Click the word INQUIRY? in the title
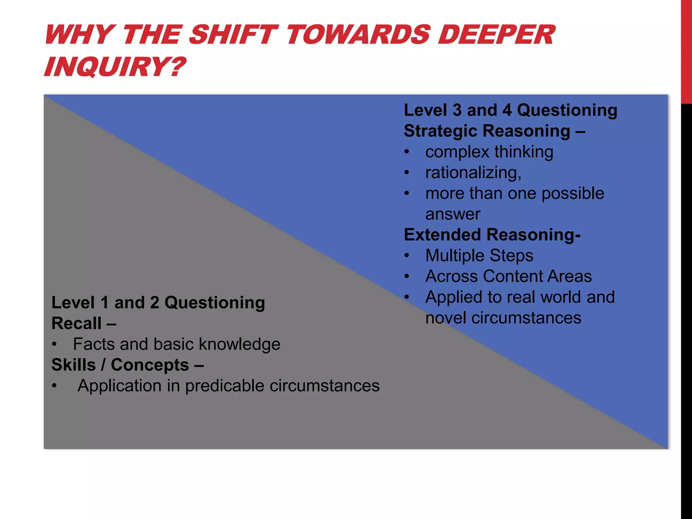pos(115,67)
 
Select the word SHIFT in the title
pos(233,35)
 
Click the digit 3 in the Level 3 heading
pos(457,110)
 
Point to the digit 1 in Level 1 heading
pos(105,303)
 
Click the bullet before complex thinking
pos(407,152)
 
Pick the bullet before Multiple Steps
pos(407,256)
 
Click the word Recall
pos(76,324)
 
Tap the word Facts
pos(94,344)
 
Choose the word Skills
pos(74,365)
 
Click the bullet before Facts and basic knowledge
pos(54,345)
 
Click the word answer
pos(453,214)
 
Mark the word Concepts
pos(150,365)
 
